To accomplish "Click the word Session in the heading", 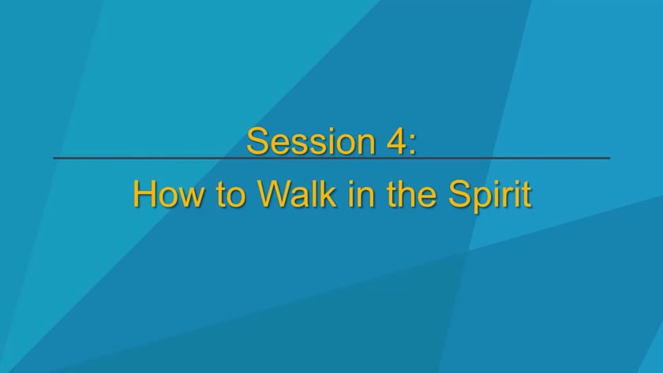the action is point(311,141).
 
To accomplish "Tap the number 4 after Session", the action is point(394,141).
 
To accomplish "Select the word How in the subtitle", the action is point(168,194).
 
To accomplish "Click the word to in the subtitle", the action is point(230,195).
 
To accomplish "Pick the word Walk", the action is point(298,194).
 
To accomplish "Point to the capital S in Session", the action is point(257,141).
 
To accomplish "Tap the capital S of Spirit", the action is point(459,194).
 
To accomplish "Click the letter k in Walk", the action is point(328,193).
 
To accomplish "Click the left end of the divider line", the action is point(54,159).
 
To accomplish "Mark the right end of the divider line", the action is point(609,159).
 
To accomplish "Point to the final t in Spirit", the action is point(526,195).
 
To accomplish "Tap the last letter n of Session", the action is point(365,145).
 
